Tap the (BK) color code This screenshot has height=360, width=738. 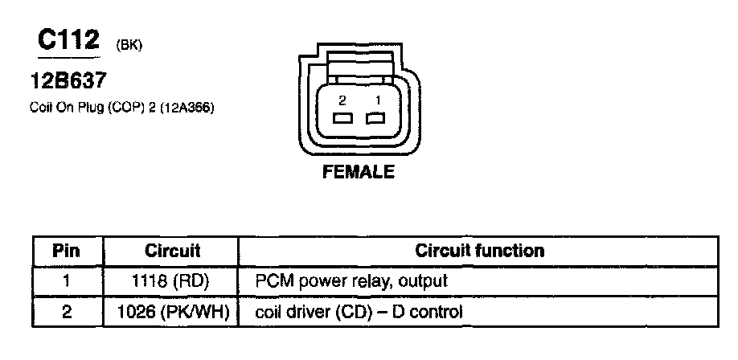point(129,46)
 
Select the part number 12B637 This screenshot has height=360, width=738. point(67,81)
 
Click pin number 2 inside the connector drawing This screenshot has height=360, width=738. point(342,100)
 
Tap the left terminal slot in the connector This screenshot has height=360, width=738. point(342,120)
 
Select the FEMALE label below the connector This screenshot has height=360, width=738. point(359,172)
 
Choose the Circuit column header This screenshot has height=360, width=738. point(172,251)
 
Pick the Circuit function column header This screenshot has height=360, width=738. point(479,251)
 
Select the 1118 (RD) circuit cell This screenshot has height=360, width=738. point(172,281)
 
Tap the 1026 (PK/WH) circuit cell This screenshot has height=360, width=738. point(172,310)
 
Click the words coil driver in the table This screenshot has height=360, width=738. point(288,310)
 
